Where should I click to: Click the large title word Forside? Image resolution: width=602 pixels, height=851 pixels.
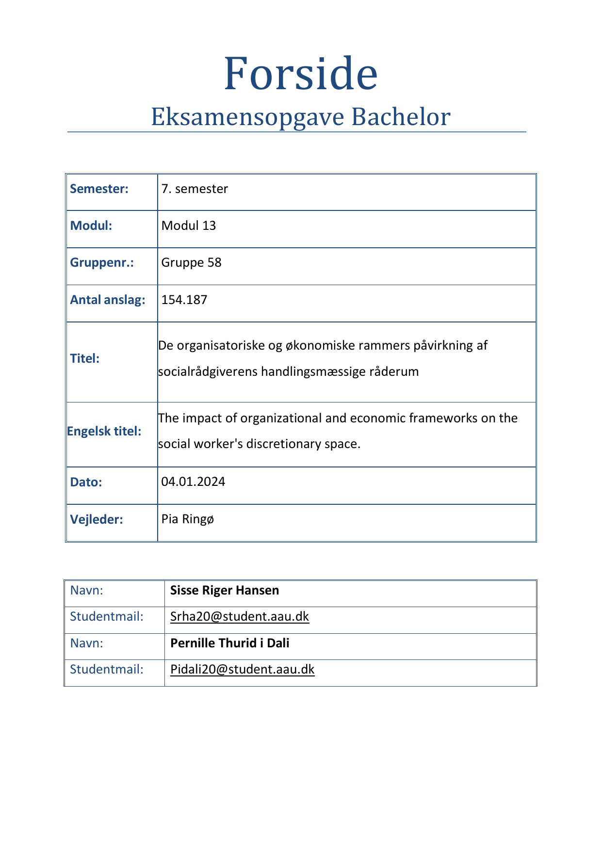pyautogui.click(x=300, y=74)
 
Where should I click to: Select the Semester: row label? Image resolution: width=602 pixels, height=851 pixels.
pyautogui.click(x=99, y=189)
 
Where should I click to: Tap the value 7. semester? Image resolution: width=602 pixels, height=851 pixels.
pyautogui.click(x=195, y=189)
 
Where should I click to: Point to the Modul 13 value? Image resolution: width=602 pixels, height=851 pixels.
pyautogui.click(x=188, y=225)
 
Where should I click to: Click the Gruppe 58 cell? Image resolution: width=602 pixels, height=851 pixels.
pyautogui.click(x=191, y=262)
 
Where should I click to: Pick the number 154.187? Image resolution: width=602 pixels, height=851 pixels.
pyautogui.click(x=184, y=300)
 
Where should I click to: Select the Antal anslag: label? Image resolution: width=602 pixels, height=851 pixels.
pyautogui.click(x=107, y=300)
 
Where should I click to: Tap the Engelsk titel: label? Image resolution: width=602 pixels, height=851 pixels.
pyautogui.click(x=104, y=431)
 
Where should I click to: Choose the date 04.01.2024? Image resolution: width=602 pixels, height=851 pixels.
pyautogui.click(x=193, y=482)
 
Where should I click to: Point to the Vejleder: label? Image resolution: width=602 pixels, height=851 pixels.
pyautogui.click(x=96, y=519)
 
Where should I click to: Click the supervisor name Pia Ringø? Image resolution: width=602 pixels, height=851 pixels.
pyautogui.click(x=187, y=519)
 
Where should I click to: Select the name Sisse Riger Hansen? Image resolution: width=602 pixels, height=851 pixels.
pyautogui.click(x=225, y=590)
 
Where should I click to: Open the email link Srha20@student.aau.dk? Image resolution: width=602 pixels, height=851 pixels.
pyautogui.click(x=240, y=616)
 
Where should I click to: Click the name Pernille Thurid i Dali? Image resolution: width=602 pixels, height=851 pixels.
pyautogui.click(x=229, y=643)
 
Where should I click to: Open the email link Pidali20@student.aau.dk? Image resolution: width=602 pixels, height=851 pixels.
pyautogui.click(x=242, y=669)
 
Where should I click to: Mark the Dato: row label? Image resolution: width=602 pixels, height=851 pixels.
pyautogui.click(x=86, y=482)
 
